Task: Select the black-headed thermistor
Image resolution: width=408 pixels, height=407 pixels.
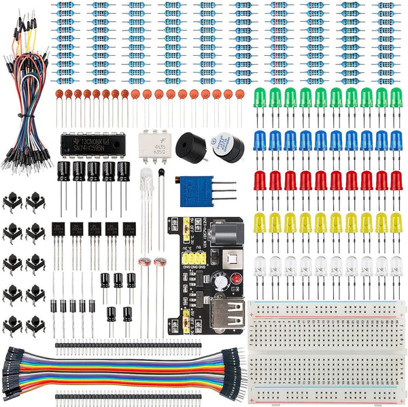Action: (x=161, y=176)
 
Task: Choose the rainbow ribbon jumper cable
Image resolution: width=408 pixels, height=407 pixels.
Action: (x=122, y=372)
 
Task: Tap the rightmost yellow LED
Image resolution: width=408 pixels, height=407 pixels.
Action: (x=396, y=223)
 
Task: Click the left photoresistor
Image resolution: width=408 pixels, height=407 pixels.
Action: (x=143, y=262)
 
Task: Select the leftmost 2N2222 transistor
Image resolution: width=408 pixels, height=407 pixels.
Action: (x=59, y=229)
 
